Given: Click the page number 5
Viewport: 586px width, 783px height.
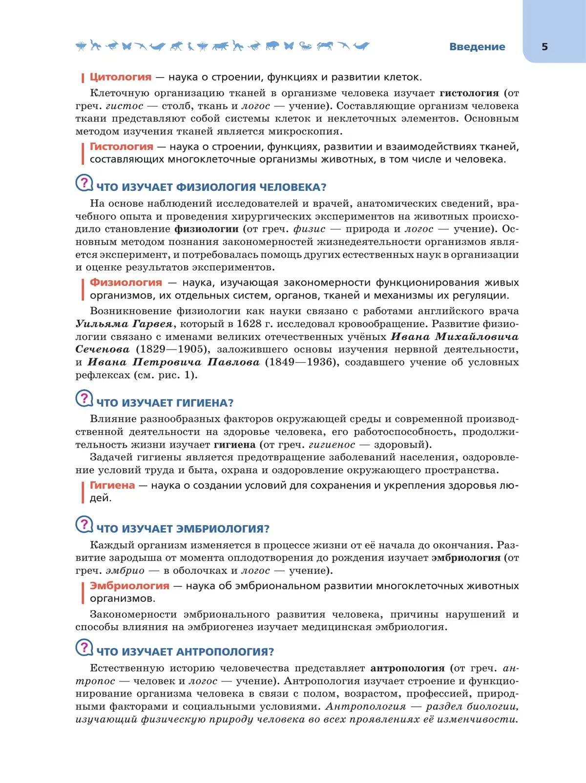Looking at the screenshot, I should click(x=544, y=47).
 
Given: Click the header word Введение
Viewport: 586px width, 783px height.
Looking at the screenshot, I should click(x=477, y=47).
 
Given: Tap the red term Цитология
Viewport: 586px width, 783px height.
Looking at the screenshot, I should click(x=121, y=77).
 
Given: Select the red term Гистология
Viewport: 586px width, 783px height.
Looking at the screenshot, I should click(x=122, y=146).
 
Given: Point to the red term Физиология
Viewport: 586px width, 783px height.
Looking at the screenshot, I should click(x=126, y=283).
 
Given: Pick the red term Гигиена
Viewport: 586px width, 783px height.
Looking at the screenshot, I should click(x=112, y=485).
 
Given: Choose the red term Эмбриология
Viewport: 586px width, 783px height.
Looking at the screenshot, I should click(x=129, y=586).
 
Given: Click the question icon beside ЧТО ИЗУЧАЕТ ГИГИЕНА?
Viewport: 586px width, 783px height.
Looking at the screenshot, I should click(x=84, y=399).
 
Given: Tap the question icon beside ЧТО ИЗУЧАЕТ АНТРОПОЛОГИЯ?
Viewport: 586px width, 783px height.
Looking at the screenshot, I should click(x=84, y=648).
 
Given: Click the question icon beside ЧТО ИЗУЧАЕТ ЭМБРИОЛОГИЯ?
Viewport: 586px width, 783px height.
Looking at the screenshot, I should click(x=84, y=525).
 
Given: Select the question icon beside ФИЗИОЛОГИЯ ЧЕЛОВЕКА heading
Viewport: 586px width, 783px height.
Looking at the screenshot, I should click(x=84, y=183).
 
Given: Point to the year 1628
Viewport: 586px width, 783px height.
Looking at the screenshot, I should click(x=249, y=324).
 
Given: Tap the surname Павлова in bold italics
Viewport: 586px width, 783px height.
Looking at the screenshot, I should click(x=233, y=362).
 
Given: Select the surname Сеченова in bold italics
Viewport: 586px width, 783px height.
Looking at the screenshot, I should click(x=103, y=350).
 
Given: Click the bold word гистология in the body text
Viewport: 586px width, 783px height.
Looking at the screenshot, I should click(x=469, y=93).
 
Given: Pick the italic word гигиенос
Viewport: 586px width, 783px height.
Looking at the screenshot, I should click(x=332, y=445).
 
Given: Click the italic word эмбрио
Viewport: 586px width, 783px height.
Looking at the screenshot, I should click(x=125, y=571).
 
